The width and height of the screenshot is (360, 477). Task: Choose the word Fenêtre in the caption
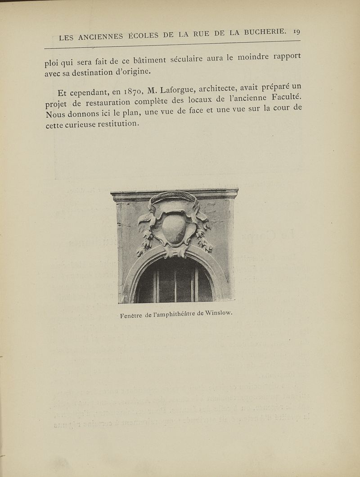coord(132,316)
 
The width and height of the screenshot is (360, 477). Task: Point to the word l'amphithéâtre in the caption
coord(171,315)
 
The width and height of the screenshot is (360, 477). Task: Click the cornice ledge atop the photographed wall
coord(174,194)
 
